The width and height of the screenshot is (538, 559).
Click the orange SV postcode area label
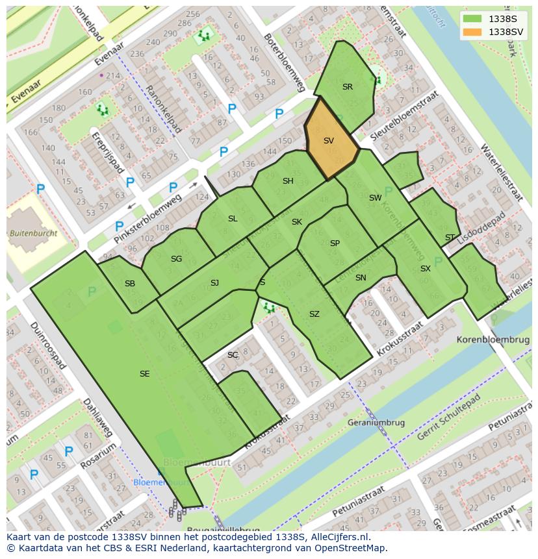pyautogui.click(x=329, y=141)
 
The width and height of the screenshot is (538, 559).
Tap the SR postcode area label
pyautogui.click(x=348, y=87)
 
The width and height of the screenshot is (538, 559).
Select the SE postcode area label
pyautogui.click(x=144, y=373)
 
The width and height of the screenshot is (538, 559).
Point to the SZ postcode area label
pyautogui.click(x=314, y=314)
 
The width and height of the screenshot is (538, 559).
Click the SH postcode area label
pyautogui.click(x=288, y=181)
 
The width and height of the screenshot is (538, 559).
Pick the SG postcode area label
pyautogui.click(x=176, y=259)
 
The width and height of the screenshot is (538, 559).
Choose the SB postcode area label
pyautogui.click(x=130, y=284)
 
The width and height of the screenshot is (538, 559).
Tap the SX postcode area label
pyautogui.click(x=426, y=269)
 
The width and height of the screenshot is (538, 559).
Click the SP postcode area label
pyautogui.click(x=335, y=243)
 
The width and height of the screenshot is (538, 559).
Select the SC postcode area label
pyautogui.click(x=233, y=355)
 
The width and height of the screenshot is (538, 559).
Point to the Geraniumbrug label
pyautogui.click(x=377, y=423)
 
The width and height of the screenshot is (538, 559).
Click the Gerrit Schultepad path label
pyautogui.click(x=448, y=417)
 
